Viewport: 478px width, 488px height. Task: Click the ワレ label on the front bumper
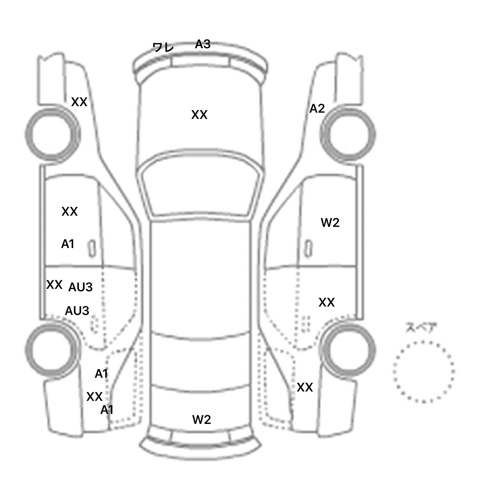tap(163, 48)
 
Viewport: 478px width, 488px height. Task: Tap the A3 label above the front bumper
tap(203, 44)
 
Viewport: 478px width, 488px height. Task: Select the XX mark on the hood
tap(199, 115)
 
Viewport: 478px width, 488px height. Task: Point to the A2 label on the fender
tap(317, 109)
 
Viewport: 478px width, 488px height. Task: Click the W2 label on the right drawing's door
tap(330, 223)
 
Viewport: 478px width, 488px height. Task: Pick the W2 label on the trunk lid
tap(202, 420)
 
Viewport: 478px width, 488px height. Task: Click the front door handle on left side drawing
tap(92, 248)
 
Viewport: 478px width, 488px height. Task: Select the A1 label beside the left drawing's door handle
tap(68, 244)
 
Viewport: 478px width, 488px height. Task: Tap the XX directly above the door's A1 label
tap(69, 212)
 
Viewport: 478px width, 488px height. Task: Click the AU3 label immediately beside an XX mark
tap(80, 287)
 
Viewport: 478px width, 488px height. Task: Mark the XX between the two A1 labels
tap(94, 397)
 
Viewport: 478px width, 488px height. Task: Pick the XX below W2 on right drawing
tap(326, 303)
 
